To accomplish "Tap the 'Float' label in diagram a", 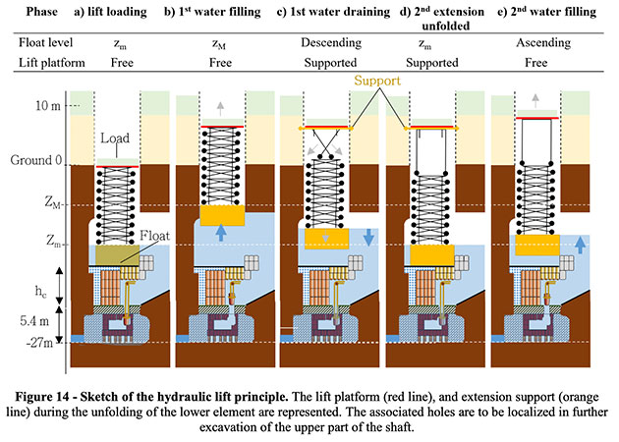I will coord(151,236).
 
